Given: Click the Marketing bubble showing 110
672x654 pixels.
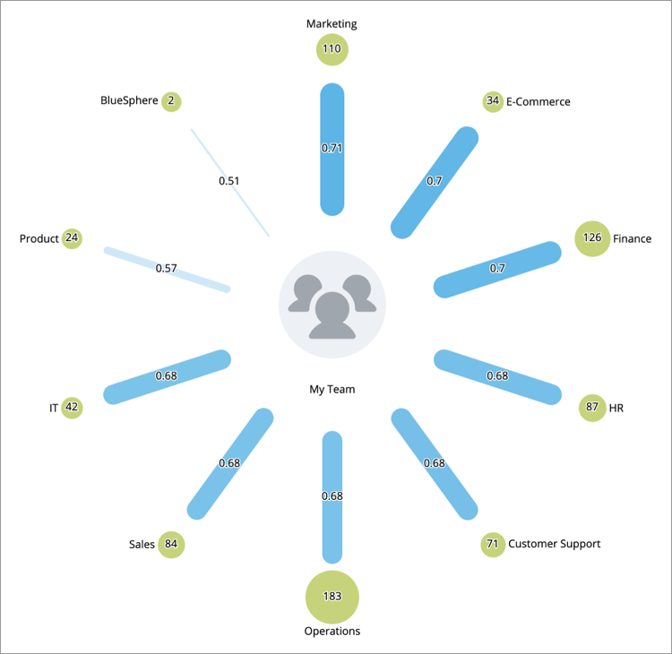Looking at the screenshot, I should coord(332,49).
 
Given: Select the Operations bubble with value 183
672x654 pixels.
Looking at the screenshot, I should coord(332,596).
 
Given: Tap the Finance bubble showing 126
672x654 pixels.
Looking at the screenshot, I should coord(591,238).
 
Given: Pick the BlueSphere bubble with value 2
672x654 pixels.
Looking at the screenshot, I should coord(170,101).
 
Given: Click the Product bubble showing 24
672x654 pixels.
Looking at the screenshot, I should coord(73,238).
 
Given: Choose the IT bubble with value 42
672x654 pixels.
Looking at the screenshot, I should coord(73,408).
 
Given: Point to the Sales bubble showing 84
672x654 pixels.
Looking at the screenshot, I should coord(171,544).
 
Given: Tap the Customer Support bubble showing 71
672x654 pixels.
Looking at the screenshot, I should coord(492,544).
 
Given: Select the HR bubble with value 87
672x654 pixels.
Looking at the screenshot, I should coord(591,408).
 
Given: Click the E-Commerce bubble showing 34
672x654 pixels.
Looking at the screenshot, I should coord(492,101).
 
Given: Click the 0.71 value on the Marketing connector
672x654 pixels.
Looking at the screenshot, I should coord(332,148).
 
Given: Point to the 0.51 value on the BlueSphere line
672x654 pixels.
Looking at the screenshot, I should coord(229,181).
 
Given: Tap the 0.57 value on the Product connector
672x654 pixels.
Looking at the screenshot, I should coord(166,268).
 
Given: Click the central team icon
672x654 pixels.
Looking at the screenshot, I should coord(332,305).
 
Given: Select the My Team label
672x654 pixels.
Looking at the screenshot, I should coord(332,389).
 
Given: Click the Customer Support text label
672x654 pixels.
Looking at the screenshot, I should coord(554,544).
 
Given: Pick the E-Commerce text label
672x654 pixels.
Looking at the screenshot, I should coord(538,101).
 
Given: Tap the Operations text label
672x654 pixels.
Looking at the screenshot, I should coord(332,631).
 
